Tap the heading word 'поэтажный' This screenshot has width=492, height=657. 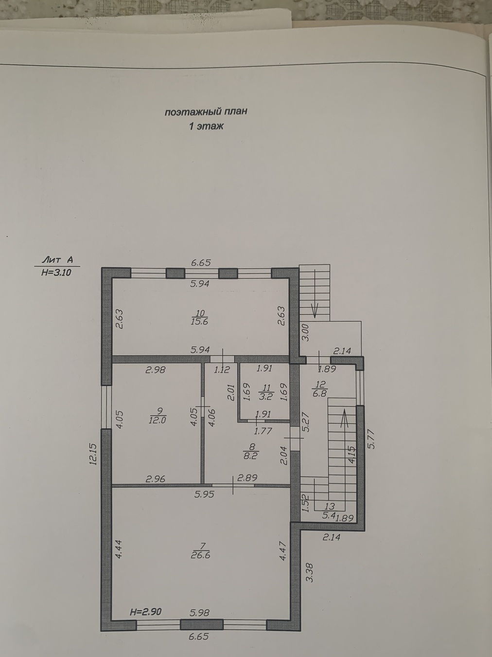coord(190,112)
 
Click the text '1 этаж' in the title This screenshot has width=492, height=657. coord(206,127)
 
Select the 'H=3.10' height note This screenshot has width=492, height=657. coord(57,273)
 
